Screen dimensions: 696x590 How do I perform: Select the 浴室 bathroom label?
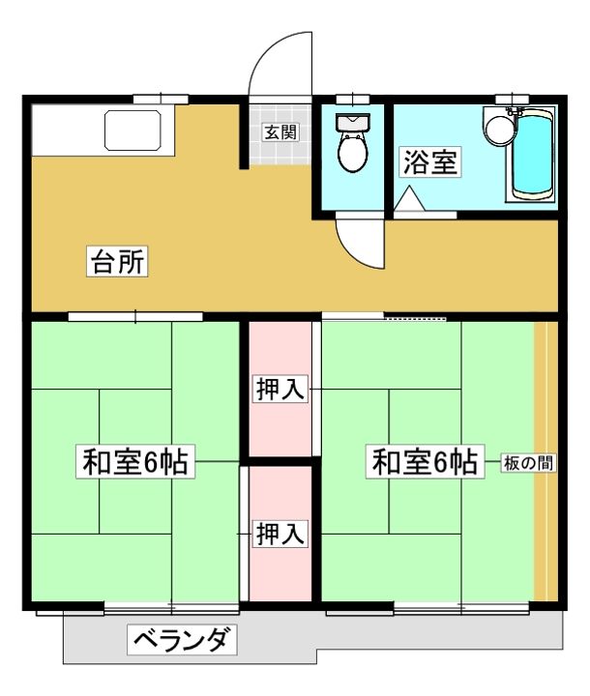point(430,161)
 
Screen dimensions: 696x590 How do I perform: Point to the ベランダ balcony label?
point(181,639)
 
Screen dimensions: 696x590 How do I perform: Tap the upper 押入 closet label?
point(280,389)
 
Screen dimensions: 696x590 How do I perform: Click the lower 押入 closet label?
point(280,534)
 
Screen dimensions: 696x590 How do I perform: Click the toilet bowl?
point(352,152)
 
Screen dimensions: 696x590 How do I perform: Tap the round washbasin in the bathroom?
point(498,129)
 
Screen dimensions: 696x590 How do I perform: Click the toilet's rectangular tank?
point(352,121)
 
